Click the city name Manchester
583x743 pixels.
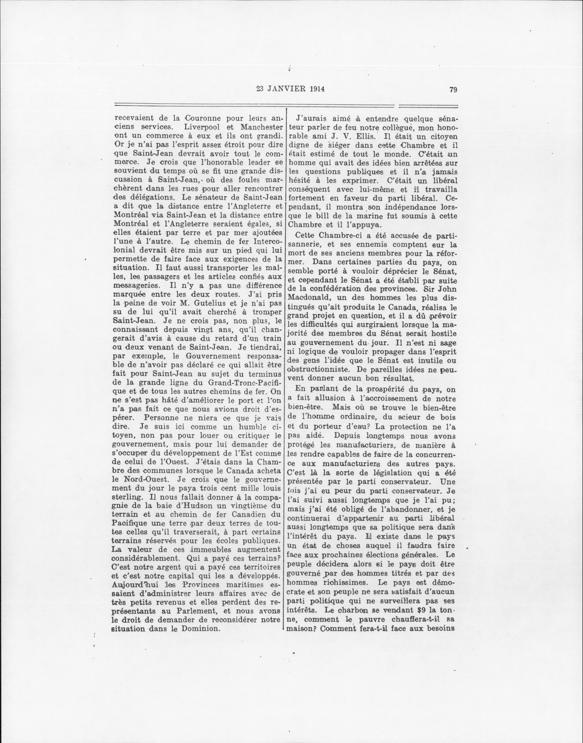click(256, 126)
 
